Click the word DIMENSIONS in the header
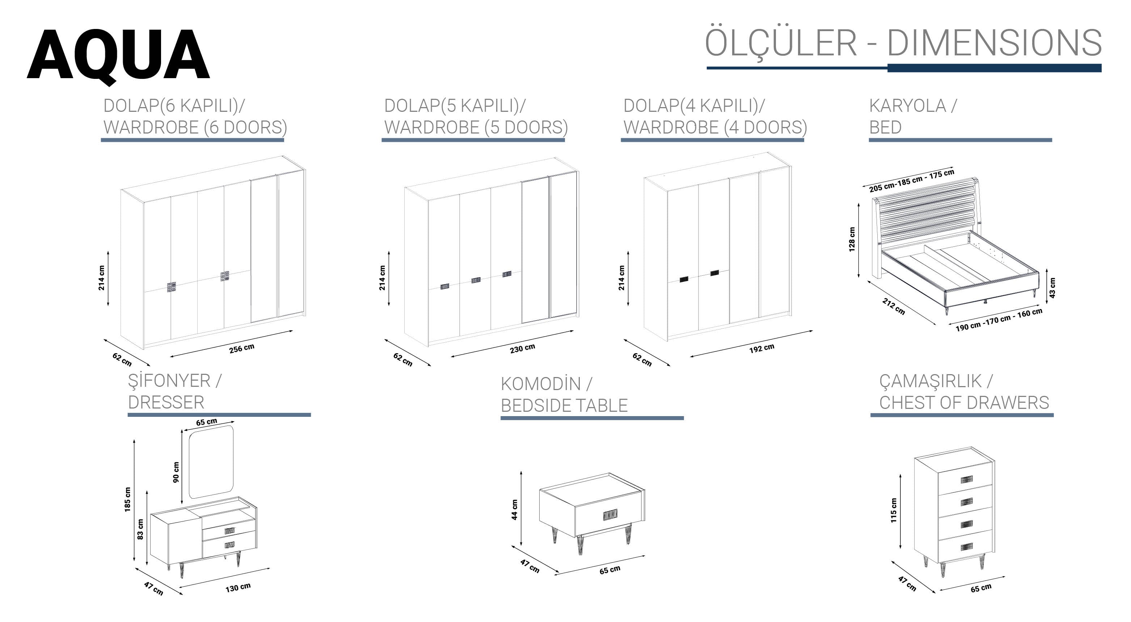995,43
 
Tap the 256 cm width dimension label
241,348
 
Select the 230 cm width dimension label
523,348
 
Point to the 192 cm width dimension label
762,348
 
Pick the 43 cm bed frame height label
1052,288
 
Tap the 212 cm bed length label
894,306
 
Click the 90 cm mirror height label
176,472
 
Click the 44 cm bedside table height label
515,509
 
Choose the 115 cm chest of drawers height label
894,510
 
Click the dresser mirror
211,462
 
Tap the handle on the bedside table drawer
610,515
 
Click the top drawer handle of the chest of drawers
966,479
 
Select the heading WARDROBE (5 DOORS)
476,127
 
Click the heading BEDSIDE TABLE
564,406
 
